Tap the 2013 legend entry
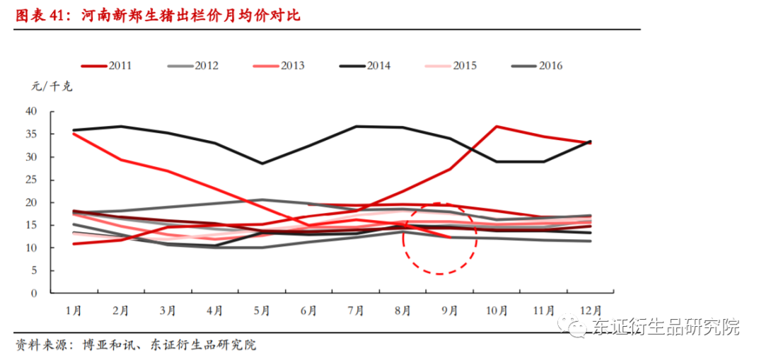pos(279,66)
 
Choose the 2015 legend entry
pos(451,66)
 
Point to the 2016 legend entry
pos(537,66)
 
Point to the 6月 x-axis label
pos(308,310)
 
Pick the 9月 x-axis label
pos(450,310)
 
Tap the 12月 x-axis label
pos(591,310)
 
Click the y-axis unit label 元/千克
pos(52,87)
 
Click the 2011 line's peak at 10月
pos(497,127)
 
